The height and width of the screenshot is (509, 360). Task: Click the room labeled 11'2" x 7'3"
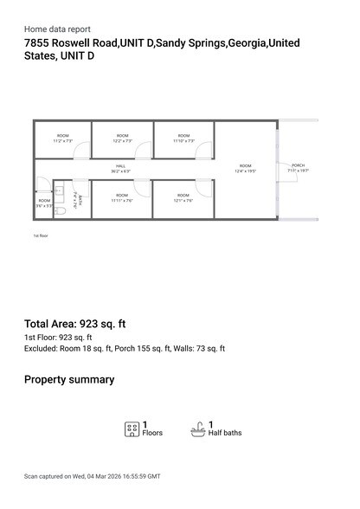pyautogui.click(x=62, y=139)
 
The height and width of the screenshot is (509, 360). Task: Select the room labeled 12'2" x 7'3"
pyautogui.click(x=122, y=139)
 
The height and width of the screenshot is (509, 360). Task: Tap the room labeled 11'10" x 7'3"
pyautogui.click(x=183, y=139)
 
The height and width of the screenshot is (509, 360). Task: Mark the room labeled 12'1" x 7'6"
pyautogui.click(x=183, y=198)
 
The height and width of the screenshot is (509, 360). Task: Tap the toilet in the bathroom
pyautogui.click(x=61, y=209)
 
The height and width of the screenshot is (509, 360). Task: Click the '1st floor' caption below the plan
pyautogui.click(x=41, y=235)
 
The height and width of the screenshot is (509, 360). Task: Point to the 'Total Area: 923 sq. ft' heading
pyautogui.click(x=74, y=324)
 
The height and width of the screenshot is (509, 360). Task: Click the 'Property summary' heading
pyautogui.click(x=69, y=379)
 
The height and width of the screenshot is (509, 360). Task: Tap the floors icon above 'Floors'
pyautogui.click(x=132, y=428)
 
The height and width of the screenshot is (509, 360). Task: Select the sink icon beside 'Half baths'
pyautogui.click(x=197, y=428)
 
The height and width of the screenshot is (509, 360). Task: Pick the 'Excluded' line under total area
pyautogui.click(x=125, y=349)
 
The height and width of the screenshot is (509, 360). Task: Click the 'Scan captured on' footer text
pyautogui.click(x=92, y=476)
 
